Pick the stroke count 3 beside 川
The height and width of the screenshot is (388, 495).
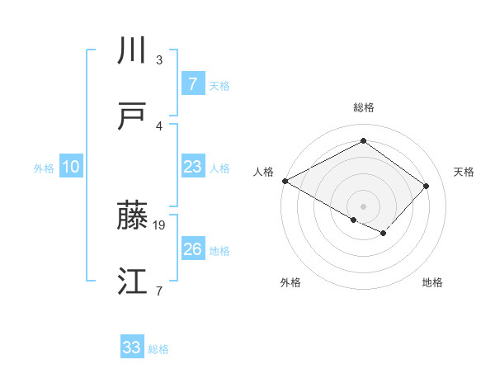click(x=159, y=59)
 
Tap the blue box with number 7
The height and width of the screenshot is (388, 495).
click(x=192, y=84)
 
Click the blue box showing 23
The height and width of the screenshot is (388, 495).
click(x=192, y=167)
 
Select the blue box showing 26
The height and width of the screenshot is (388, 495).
click(x=192, y=249)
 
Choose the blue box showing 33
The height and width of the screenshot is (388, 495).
click(x=132, y=348)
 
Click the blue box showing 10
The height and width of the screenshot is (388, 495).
click(x=71, y=167)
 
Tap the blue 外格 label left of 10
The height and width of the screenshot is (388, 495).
click(x=44, y=168)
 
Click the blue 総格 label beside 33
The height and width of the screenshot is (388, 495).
click(x=158, y=349)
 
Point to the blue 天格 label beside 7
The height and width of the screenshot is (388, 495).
click(x=219, y=85)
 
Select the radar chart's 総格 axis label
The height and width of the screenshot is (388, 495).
click(x=363, y=107)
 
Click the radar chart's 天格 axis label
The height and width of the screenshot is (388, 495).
click(x=464, y=172)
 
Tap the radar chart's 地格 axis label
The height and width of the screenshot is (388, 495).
click(x=432, y=282)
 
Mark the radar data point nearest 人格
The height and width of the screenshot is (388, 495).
click(x=285, y=181)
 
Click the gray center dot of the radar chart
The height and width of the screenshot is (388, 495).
click(x=363, y=206)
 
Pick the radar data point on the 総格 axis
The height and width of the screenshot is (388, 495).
click(x=363, y=141)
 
